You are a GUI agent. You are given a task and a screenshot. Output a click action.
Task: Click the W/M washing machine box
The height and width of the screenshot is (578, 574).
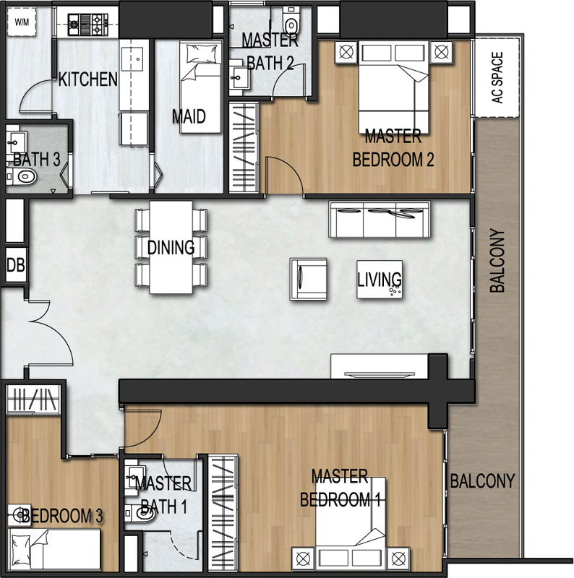tap(22, 22)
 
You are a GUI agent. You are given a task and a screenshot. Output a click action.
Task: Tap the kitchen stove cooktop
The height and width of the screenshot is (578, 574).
tap(87, 25)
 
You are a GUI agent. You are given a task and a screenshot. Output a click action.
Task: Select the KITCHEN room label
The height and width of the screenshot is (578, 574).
tap(87, 79)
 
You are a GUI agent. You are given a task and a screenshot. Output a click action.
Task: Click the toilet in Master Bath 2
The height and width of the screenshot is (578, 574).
tap(291, 22)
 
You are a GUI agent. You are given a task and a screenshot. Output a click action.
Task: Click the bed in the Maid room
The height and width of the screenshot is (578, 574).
tap(201, 87)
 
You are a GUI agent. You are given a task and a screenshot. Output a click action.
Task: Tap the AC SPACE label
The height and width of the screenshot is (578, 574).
tap(497, 77)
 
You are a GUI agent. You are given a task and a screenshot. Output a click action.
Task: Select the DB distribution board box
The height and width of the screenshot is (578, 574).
tap(16, 265)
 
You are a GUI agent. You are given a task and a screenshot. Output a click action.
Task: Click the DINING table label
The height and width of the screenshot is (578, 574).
tap(171, 247)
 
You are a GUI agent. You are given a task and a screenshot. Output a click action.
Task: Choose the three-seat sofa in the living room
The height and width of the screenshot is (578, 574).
tap(380, 220)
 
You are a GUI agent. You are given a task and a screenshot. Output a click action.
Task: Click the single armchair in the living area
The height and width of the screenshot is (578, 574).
tap(309, 279)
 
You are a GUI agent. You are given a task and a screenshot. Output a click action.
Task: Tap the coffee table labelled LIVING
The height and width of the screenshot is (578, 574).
tap(380, 279)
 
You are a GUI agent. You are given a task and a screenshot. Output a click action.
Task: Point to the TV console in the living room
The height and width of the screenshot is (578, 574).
tap(380, 366)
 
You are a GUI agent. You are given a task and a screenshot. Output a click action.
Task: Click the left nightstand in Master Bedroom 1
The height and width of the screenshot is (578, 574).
tap(303, 558)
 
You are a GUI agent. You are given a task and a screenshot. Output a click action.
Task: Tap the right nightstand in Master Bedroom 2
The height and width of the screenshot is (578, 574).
tap(441, 52)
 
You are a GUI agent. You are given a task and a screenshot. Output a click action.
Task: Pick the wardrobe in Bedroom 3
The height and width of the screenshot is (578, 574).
tap(33, 399)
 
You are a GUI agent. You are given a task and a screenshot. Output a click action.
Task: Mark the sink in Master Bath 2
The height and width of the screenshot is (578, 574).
tap(239, 78)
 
